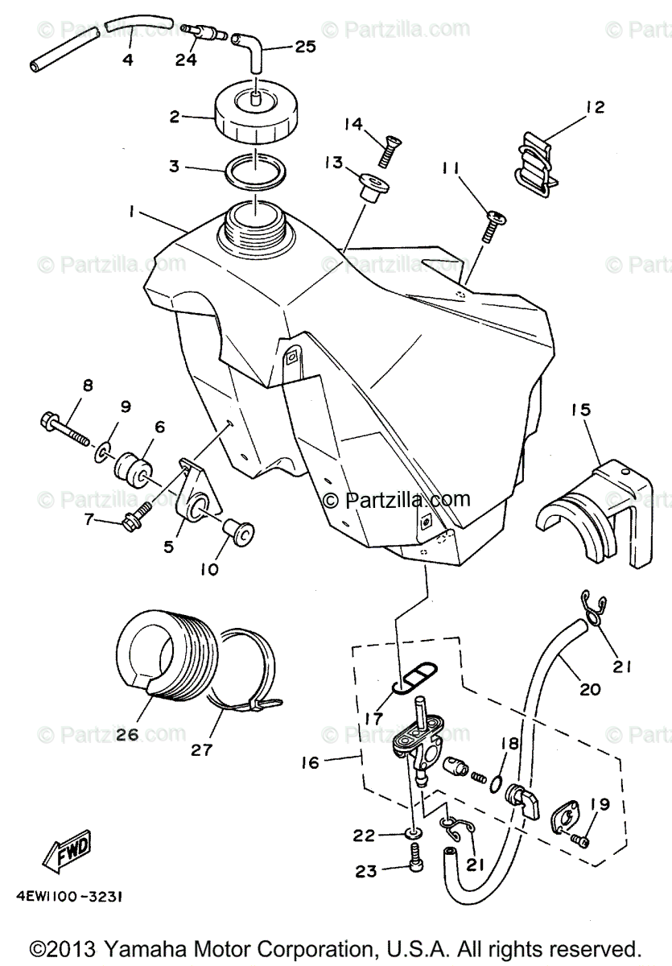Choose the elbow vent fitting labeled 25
tap(250, 53)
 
